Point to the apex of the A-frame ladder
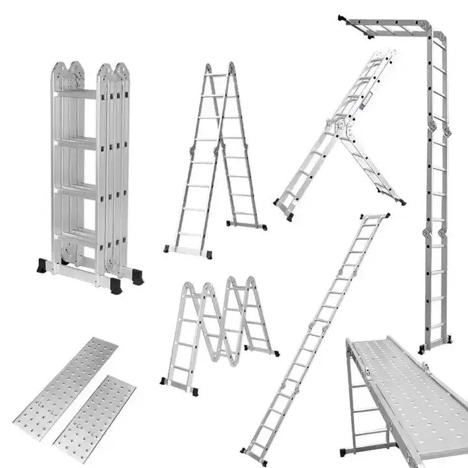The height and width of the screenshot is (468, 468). tap(220, 67)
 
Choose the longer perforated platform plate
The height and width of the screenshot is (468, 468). tap(66, 380)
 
